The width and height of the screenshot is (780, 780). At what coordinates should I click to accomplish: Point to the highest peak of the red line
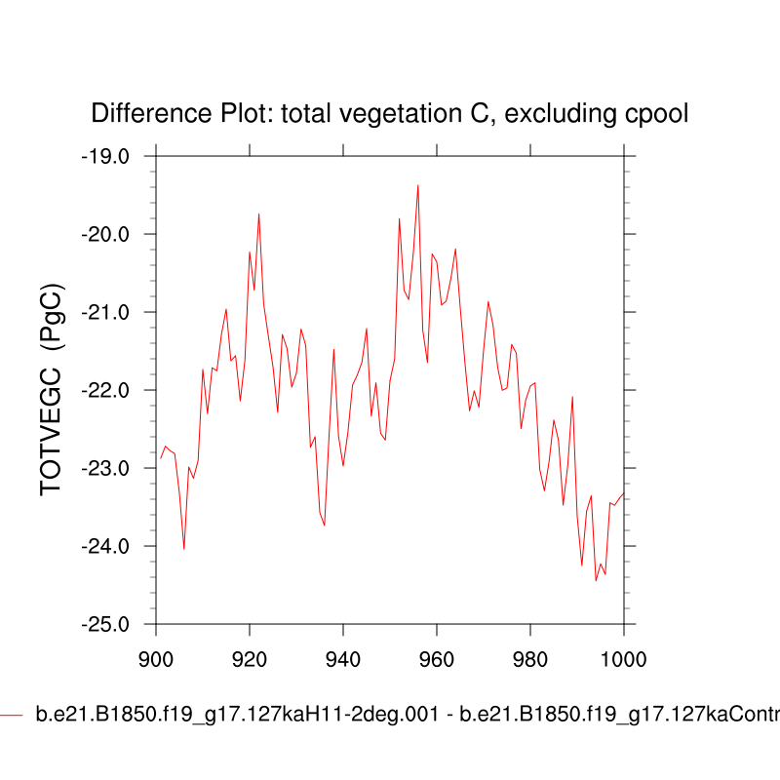tap(418, 184)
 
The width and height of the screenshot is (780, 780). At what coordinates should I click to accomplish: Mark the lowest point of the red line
tap(596, 581)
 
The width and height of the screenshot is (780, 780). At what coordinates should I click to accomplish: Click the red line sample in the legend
tap(12, 716)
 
